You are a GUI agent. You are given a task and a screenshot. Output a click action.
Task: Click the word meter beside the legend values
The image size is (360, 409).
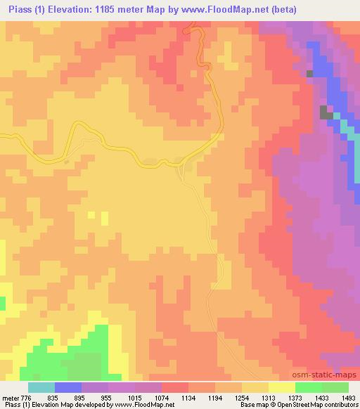11,397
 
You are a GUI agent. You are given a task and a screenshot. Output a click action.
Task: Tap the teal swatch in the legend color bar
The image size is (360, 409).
41,387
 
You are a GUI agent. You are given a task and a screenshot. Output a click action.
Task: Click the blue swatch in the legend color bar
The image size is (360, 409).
68,387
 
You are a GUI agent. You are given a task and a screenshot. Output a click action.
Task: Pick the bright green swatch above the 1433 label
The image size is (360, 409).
308,387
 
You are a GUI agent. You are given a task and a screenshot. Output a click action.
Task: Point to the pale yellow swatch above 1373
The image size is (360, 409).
281,387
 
